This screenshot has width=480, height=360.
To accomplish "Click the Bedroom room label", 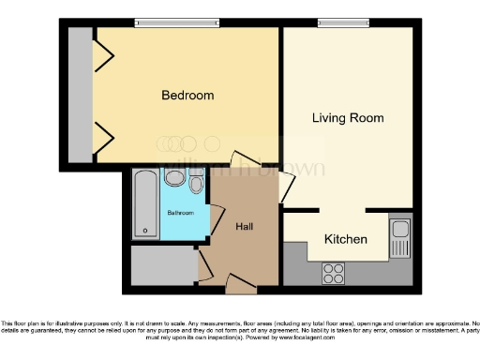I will click(x=187, y=96).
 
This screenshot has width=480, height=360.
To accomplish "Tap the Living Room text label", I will click(x=348, y=118).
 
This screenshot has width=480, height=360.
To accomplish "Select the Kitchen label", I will click(x=345, y=240).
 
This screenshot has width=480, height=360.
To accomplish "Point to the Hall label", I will click(x=244, y=227).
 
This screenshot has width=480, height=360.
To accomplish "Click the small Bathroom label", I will click(x=180, y=214).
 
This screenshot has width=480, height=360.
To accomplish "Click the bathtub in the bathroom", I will click(x=144, y=202).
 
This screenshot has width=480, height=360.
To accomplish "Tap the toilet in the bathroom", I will click(x=196, y=183).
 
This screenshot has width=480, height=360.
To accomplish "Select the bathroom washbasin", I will click(x=174, y=178).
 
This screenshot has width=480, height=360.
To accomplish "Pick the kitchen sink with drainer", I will click(x=400, y=240).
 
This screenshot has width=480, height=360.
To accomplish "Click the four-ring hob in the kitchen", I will click(x=333, y=273).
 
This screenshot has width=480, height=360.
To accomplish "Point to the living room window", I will click(x=337, y=22).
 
